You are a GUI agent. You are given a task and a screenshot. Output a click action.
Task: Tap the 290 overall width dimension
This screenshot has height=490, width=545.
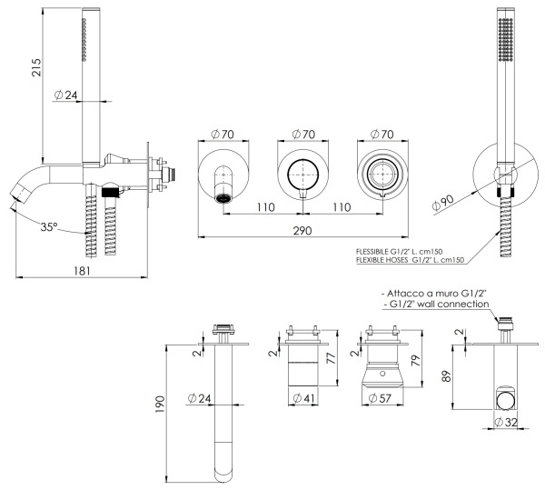[302, 230]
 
